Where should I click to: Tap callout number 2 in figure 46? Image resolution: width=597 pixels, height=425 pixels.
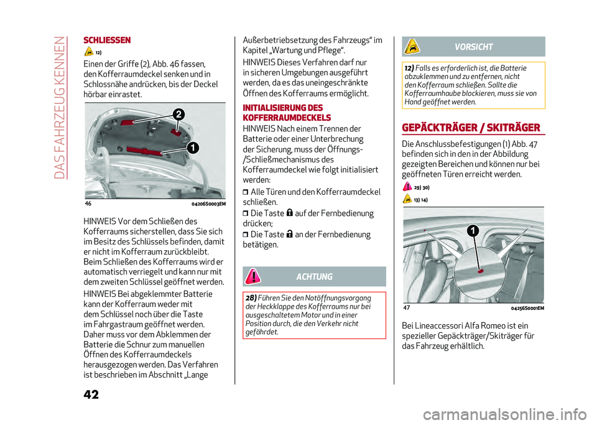pyautogui.click(x=178, y=114)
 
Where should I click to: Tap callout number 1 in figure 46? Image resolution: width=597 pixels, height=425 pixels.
pyautogui.click(x=193, y=147)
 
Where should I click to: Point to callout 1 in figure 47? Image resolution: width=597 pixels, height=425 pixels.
pyautogui.click(x=473, y=231)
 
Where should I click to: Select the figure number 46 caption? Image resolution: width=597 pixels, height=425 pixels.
pyautogui.click(x=89, y=203)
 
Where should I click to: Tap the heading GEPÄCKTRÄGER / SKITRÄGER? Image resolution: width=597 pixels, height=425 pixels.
pyautogui.click(x=471, y=128)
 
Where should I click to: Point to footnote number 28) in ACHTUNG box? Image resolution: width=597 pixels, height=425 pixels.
pyautogui.click(x=252, y=298)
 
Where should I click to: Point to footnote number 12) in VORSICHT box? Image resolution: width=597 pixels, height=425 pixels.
pyautogui.click(x=409, y=68)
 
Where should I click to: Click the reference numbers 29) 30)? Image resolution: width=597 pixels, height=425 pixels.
pyautogui.click(x=423, y=187)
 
